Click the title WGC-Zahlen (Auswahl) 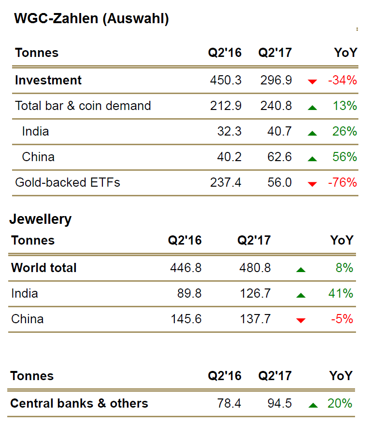point(91,19)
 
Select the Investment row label point(48,81)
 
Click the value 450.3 point(226,81)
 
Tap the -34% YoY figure point(342,81)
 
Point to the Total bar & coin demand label point(83,106)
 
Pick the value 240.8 point(276,106)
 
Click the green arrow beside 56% point(313,158)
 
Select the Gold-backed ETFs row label point(68,183)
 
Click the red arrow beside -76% point(313,184)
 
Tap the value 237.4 point(226,183)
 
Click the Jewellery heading point(40,219)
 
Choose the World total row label point(44,268)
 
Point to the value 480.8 point(255,268)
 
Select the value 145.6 point(186,319)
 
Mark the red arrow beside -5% point(301,320)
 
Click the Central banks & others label point(79,403)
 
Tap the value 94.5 point(280,403)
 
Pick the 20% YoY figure point(340,403)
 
